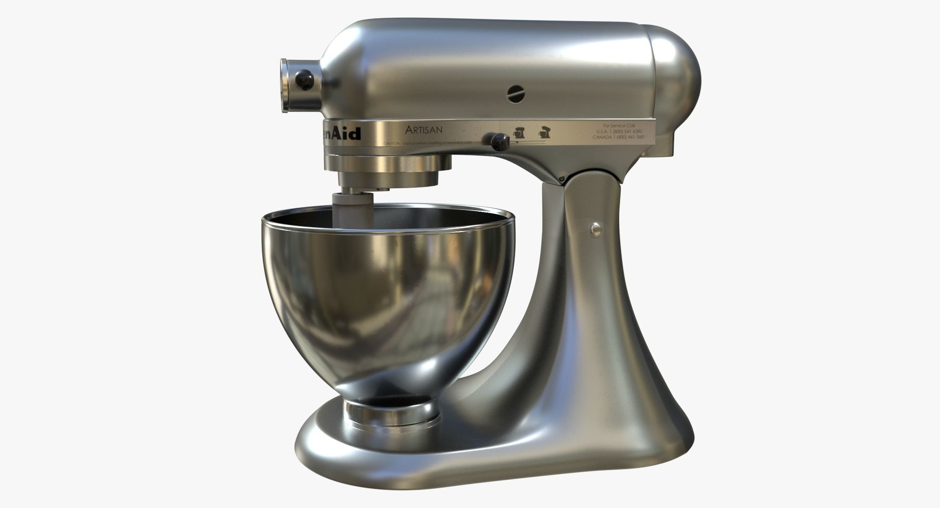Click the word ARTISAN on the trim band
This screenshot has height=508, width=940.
(x=423, y=130)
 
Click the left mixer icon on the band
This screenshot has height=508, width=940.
(x=519, y=132)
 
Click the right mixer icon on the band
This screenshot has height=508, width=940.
(x=544, y=132)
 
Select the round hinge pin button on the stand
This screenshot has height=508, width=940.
(x=597, y=229)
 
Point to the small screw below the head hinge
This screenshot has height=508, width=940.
(x=562, y=178)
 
